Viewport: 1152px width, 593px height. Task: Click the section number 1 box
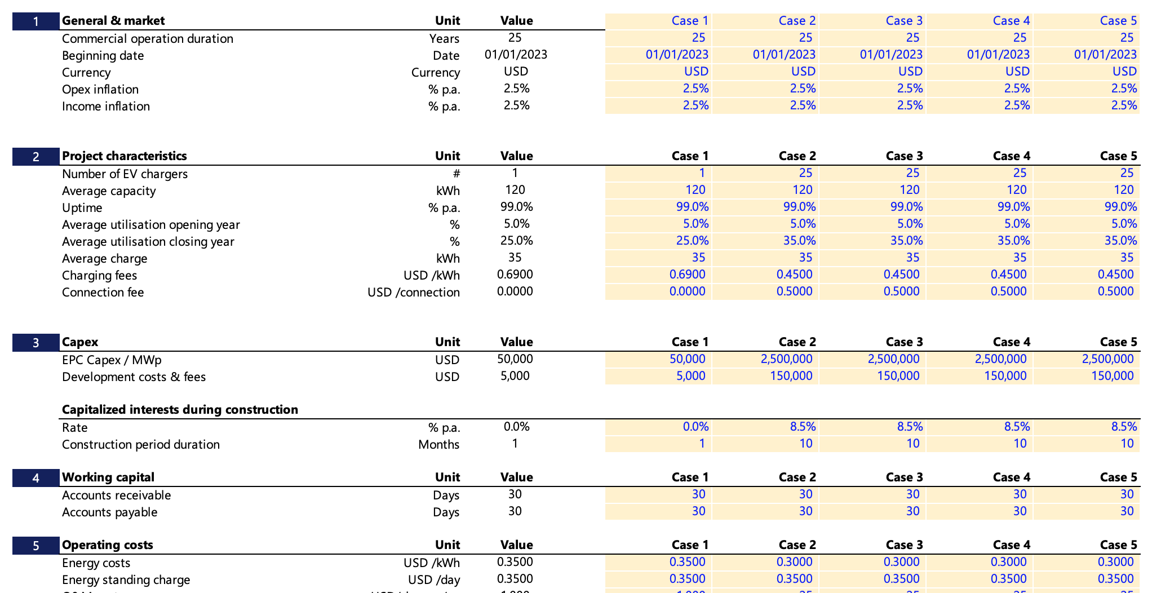[x=36, y=21]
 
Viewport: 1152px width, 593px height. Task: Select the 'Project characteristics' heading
[x=124, y=156]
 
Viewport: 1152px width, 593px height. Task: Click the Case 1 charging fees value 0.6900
[x=687, y=275]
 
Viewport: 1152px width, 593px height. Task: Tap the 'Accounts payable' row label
[x=109, y=512]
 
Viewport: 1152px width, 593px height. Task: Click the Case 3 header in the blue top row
[x=903, y=21]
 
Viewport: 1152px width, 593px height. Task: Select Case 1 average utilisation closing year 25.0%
[x=692, y=241]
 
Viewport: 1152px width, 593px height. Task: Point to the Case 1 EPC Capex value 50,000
[x=687, y=359]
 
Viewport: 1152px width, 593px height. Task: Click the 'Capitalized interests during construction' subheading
[x=180, y=410]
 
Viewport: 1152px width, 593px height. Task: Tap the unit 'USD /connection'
[x=413, y=293]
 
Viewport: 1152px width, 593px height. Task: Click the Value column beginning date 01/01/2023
[x=515, y=55]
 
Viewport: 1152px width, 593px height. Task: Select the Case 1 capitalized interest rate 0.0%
[x=695, y=427]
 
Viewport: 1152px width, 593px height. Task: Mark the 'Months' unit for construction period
[x=438, y=445]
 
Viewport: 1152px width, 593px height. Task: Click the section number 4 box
[x=36, y=478]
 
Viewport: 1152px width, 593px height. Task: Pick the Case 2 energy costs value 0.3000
[x=794, y=562]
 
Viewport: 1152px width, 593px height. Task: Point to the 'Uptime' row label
[x=82, y=208]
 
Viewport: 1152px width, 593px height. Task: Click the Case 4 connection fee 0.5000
[x=1008, y=291]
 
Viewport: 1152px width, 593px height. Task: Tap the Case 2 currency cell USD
[x=803, y=72]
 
